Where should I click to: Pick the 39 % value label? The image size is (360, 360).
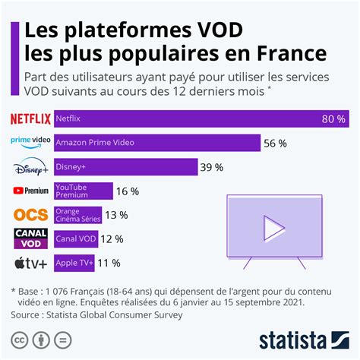210,167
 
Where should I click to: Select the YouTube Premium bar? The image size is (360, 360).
84,191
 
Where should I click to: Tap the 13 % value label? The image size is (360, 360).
118,215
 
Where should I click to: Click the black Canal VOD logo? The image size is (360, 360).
31,238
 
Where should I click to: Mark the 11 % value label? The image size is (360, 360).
111,263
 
